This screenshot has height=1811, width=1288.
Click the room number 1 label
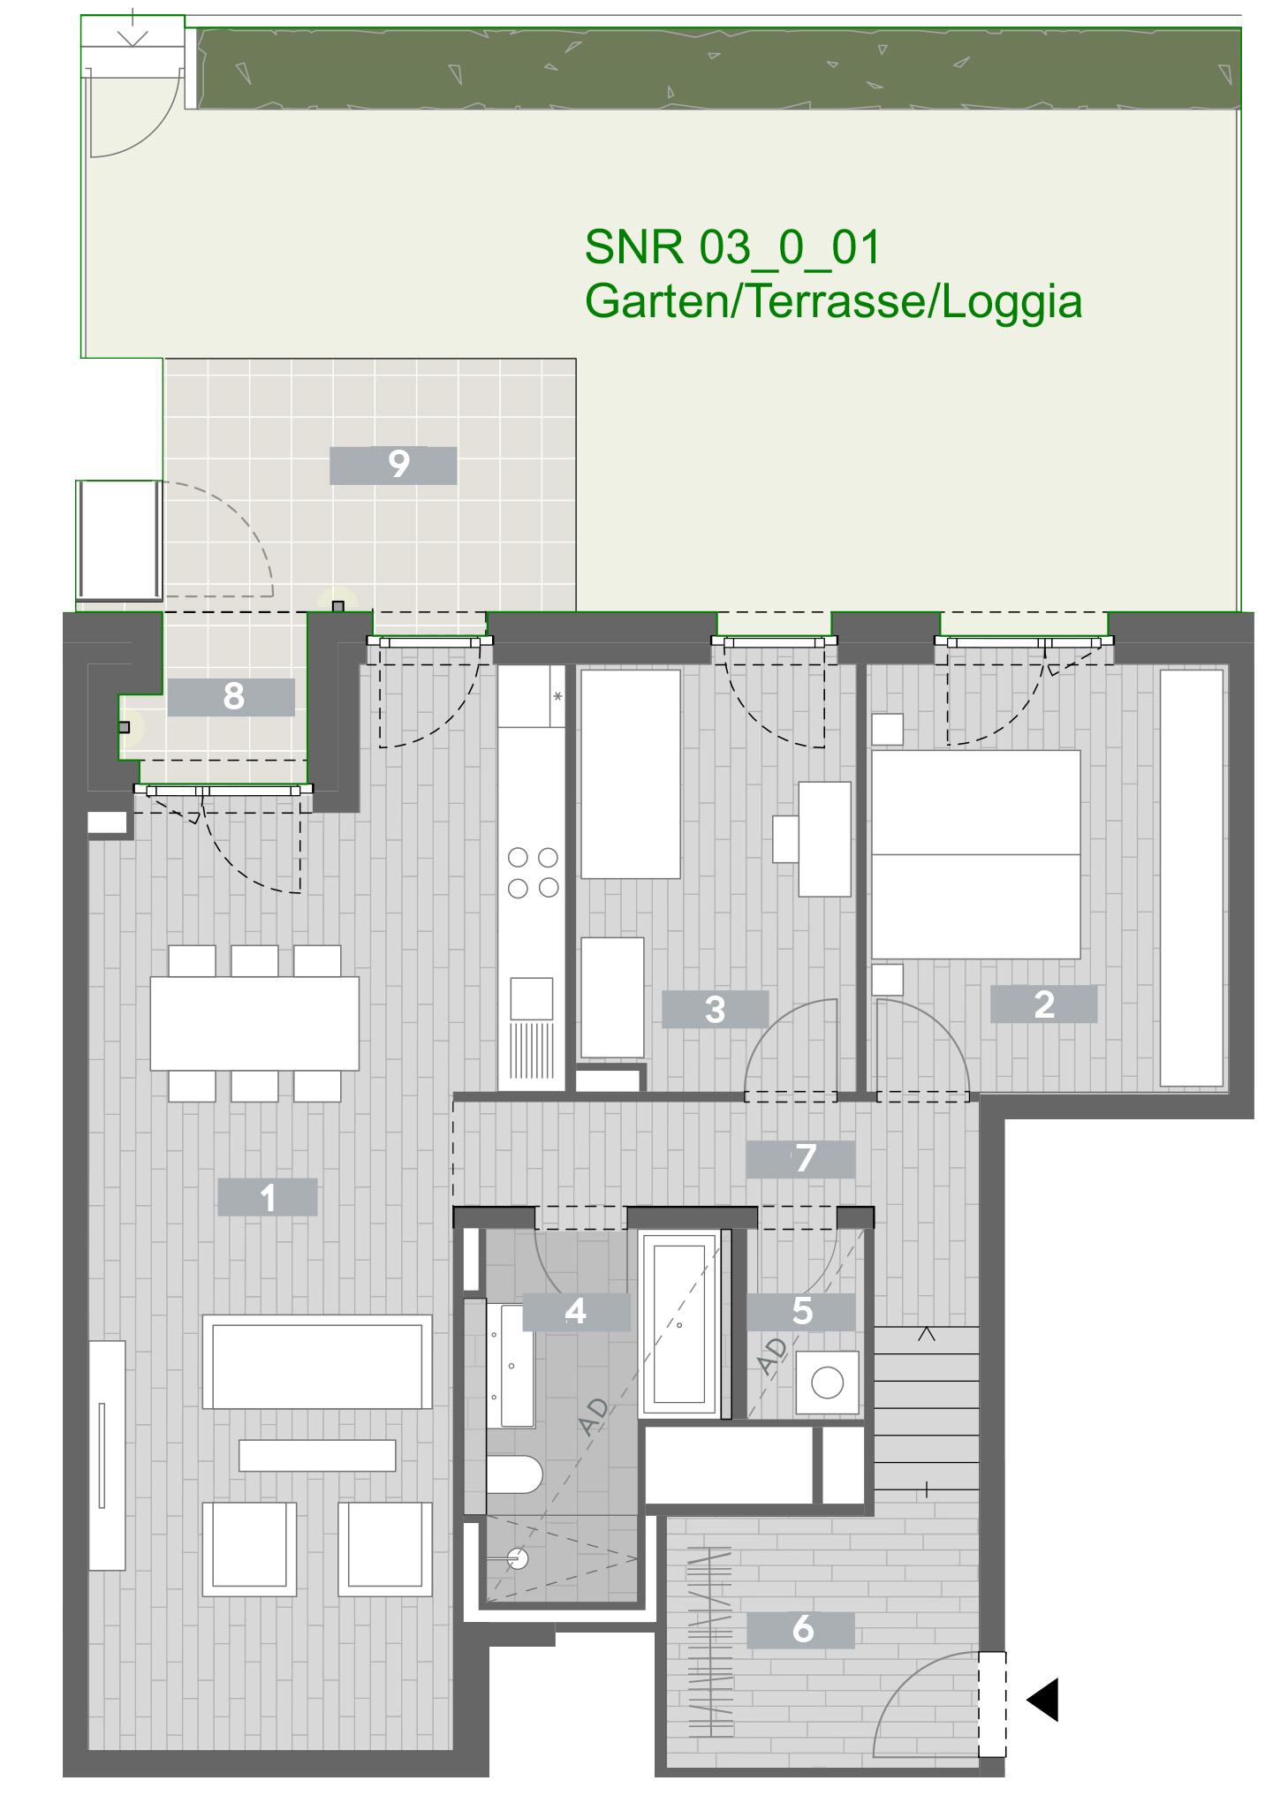(267, 1197)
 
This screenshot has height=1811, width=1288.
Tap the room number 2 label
(1043, 1004)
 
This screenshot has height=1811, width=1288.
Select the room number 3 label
(715, 1009)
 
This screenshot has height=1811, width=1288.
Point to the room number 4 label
(576, 1312)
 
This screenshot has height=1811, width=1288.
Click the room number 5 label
(801, 1312)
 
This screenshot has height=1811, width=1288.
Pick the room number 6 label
(801, 1629)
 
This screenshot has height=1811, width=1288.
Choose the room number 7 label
(801, 1159)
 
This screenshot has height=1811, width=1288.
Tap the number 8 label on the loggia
(231, 697)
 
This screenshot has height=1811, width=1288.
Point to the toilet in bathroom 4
(514, 1474)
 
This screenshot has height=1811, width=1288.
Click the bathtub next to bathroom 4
(679, 1324)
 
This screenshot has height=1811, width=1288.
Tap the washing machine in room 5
(828, 1383)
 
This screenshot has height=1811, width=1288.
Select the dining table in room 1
(254, 1023)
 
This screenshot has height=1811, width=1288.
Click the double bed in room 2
(976, 854)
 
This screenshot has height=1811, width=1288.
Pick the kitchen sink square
(532, 998)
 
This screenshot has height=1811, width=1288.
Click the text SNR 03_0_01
(732, 247)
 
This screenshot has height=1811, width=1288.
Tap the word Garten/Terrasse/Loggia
(833, 301)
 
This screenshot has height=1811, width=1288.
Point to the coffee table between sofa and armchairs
(317, 1455)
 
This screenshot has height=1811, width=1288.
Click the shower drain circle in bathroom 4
(519, 1559)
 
